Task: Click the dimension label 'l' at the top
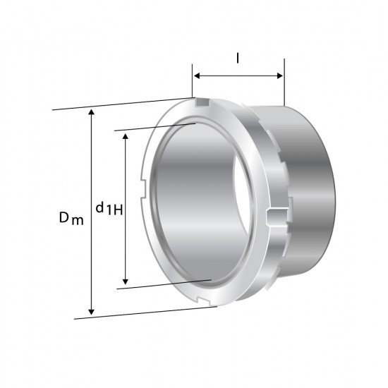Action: click(x=238, y=59)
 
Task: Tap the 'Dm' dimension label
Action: click(x=71, y=218)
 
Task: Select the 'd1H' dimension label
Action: click(x=109, y=208)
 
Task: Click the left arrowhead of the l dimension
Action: click(x=197, y=75)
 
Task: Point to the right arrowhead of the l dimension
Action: click(x=280, y=75)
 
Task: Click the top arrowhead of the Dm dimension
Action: click(x=92, y=112)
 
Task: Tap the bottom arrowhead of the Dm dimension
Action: click(x=92, y=312)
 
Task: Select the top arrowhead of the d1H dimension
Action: click(x=126, y=136)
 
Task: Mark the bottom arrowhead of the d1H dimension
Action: click(x=126, y=281)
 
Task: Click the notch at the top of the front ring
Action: click(x=202, y=102)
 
